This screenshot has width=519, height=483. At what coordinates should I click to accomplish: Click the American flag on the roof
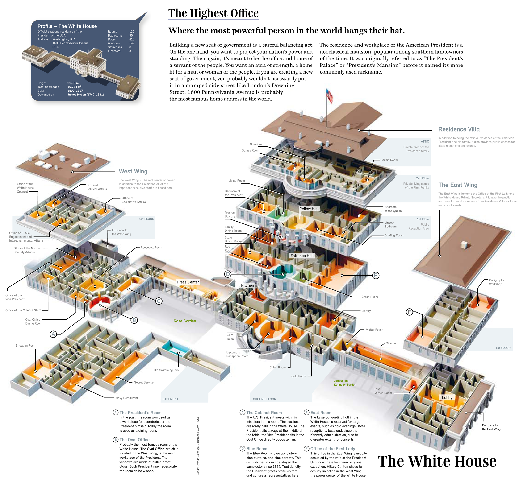point(330,96)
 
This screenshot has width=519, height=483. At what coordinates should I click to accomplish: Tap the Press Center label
point(188,282)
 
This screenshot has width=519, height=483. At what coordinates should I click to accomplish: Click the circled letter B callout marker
point(134,320)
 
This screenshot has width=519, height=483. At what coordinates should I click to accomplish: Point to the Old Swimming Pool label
point(166,370)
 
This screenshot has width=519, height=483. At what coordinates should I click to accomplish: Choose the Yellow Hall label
point(309,209)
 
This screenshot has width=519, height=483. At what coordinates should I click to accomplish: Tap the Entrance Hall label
point(302,256)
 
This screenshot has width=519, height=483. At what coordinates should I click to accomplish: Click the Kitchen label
point(247,285)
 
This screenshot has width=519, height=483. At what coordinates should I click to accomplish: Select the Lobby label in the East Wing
point(447,397)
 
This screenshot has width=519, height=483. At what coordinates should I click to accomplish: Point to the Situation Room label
point(26,345)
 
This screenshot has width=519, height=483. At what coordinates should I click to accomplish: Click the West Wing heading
point(133,171)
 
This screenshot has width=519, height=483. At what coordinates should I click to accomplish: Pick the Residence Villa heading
point(459,129)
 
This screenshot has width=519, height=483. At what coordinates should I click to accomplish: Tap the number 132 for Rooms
point(132,32)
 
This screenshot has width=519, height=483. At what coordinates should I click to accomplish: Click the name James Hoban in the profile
point(76,95)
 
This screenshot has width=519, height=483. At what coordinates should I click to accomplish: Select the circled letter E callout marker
point(375,275)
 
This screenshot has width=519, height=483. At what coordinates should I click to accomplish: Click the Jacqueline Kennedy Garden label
point(345,383)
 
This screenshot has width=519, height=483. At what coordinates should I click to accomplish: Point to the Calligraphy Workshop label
point(496,282)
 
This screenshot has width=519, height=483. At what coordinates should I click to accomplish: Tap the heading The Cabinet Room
point(264,412)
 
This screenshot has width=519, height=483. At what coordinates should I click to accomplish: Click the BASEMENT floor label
point(170,399)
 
